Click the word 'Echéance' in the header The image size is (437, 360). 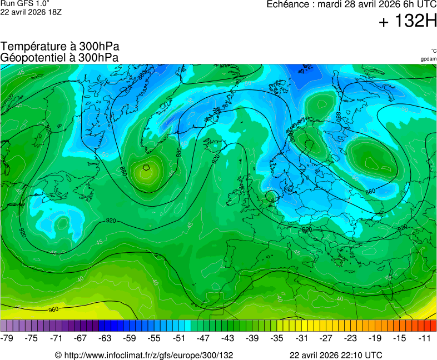(x=289, y=4)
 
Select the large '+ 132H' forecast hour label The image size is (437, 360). (x=408, y=22)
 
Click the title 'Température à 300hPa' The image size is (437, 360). (x=60, y=47)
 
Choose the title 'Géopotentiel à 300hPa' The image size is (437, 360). (x=59, y=57)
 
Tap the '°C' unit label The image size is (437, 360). (x=433, y=51)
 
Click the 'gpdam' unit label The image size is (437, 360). (x=428, y=58)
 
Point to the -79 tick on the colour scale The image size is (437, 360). (x=7, y=338)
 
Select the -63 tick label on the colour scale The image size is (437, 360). (x=105, y=338)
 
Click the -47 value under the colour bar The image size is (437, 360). (x=203, y=338)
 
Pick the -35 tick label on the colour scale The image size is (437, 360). (x=276, y=338)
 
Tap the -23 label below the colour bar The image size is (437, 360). (x=350, y=338)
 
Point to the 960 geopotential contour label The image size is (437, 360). (x=53, y=309)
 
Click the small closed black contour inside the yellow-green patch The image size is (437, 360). (x=146, y=166)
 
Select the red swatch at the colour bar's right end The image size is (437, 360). (x=433, y=326)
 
